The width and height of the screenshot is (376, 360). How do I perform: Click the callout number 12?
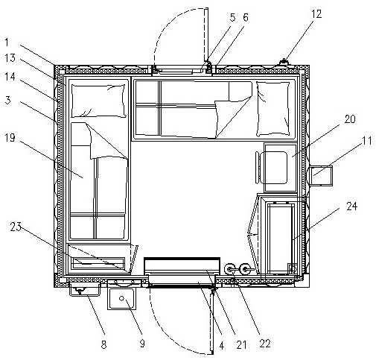point(316,14)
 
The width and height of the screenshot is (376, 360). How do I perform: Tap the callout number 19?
point(10,138)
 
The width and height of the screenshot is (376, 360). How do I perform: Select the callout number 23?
point(16,227)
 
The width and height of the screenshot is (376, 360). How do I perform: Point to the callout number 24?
point(351,206)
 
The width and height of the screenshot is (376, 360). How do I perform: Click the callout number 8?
point(103,345)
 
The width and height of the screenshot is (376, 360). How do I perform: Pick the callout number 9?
point(142,344)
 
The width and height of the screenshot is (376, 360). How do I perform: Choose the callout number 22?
point(265,344)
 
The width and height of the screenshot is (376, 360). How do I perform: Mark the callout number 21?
point(241,345)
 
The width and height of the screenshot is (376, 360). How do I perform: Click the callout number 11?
point(367,141)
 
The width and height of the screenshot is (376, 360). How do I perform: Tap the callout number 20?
point(350,119)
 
